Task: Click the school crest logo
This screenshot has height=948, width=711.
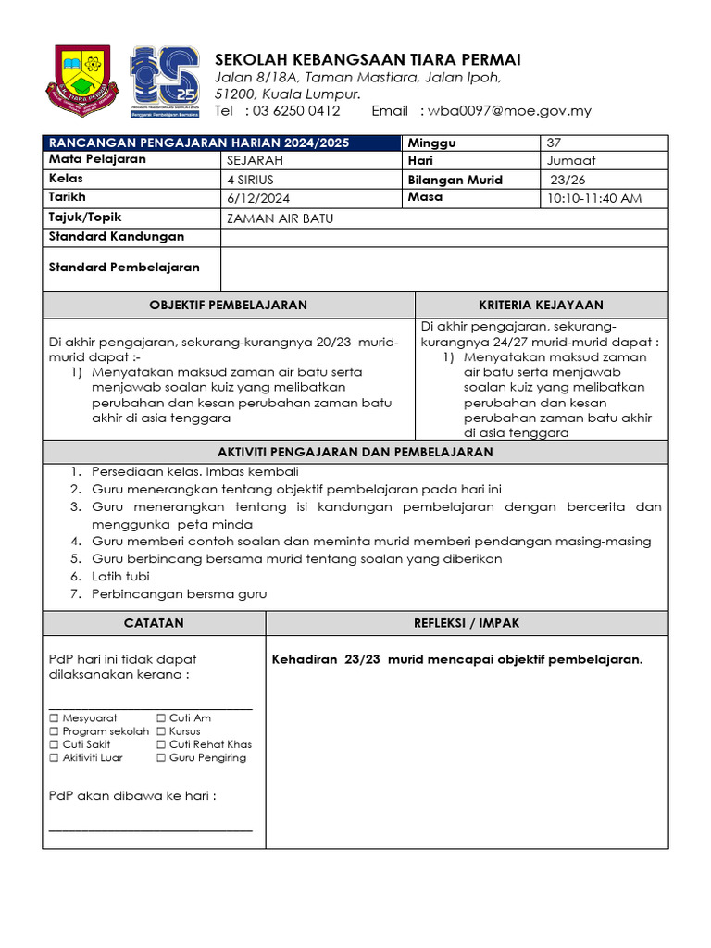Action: [x=82, y=81]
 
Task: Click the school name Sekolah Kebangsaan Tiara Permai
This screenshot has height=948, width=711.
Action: [x=368, y=59]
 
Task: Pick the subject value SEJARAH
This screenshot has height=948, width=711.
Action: [x=255, y=160]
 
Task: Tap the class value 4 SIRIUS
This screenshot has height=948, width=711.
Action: [x=250, y=180]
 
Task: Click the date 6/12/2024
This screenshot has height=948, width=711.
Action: [x=257, y=198]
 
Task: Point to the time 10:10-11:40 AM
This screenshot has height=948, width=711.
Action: [x=594, y=198]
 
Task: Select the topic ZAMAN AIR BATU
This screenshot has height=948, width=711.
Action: [x=280, y=218]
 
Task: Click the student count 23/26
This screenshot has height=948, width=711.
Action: [x=568, y=180]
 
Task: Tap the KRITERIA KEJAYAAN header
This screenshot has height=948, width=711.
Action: [x=541, y=305]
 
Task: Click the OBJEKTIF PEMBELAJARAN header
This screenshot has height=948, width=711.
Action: [x=229, y=305]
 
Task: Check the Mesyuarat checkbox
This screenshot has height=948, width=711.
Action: [x=54, y=717]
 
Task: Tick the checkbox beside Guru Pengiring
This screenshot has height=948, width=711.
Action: [x=161, y=757]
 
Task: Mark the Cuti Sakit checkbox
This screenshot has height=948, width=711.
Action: [x=54, y=744]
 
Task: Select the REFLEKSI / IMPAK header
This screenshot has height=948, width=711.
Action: [x=467, y=623]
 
